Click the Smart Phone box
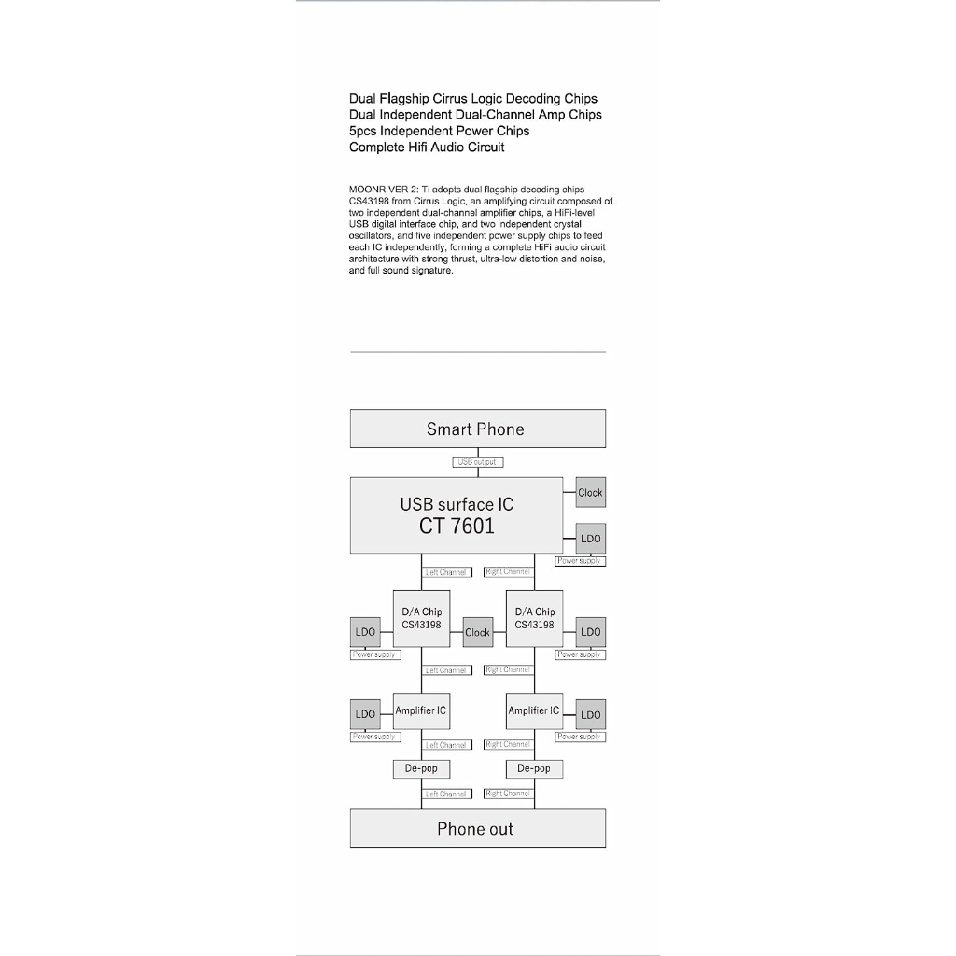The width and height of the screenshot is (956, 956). click(x=477, y=429)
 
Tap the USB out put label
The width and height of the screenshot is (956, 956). click(x=477, y=461)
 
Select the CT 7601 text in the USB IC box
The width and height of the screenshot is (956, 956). click(x=457, y=527)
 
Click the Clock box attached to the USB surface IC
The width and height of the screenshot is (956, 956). click(x=590, y=492)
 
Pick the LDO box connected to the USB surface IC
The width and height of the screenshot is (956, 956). click(x=590, y=539)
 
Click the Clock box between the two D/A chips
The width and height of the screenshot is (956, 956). click(x=477, y=632)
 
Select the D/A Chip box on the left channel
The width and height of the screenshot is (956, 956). click(x=421, y=618)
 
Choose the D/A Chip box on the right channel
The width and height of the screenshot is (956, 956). click(x=534, y=618)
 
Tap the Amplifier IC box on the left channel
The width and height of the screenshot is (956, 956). click(x=421, y=711)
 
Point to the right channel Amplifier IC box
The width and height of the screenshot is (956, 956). click(x=534, y=711)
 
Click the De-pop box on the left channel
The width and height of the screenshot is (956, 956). click(x=421, y=768)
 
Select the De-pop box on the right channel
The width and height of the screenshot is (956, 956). click(x=534, y=768)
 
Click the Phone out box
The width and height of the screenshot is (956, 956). click(x=477, y=828)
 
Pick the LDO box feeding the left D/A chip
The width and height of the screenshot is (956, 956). click(x=365, y=632)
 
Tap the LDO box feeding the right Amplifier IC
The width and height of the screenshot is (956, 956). click(x=590, y=715)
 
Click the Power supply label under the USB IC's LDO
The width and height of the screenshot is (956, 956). click(x=580, y=561)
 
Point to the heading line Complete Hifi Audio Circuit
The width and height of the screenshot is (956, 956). click(x=427, y=148)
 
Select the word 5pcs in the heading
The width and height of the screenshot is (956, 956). click(x=362, y=131)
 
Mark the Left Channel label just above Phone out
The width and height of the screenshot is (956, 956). click(x=446, y=794)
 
